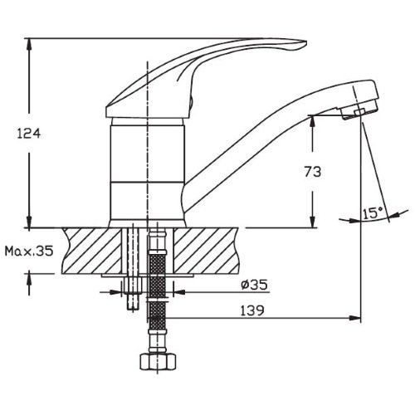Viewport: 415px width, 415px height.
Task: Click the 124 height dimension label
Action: tap(29, 134)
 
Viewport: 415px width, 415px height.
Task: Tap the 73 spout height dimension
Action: tap(313, 172)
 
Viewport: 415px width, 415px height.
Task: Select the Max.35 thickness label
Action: tap(29, 251)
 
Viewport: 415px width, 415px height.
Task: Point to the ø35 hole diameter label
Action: tap(254, 285)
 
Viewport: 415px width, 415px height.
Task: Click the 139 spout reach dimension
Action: tap(252, 310)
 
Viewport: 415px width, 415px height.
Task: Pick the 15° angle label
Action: tap(373, 212)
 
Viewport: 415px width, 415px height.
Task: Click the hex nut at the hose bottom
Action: tap(158, 361)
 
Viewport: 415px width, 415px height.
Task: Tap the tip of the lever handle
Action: tap(306, 42)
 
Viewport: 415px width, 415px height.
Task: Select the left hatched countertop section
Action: tap(91, 251)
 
